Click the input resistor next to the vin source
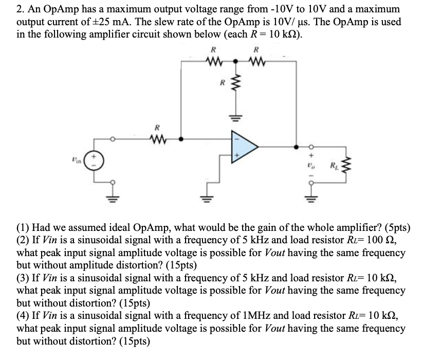[158, 137]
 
